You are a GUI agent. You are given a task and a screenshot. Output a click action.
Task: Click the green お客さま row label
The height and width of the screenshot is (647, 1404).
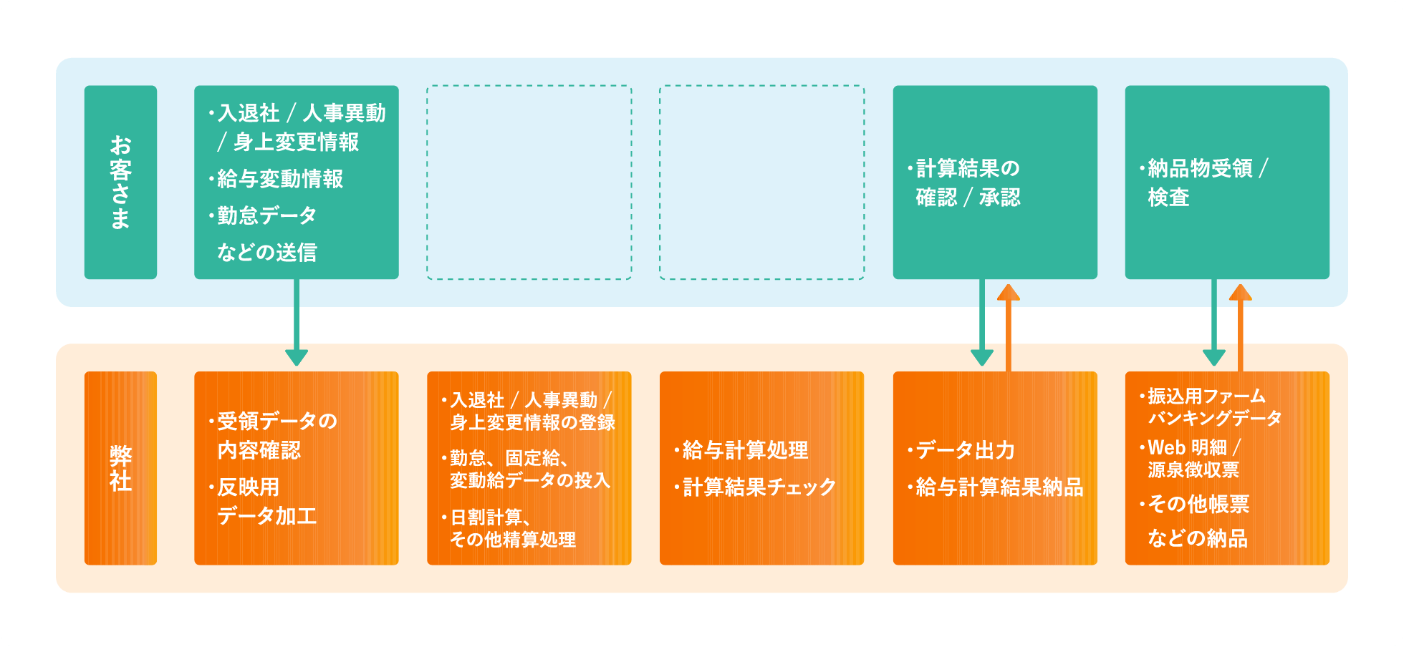[x=120, y=183]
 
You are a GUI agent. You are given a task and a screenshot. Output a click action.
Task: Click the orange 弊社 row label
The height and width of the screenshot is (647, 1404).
[x=120, y=468]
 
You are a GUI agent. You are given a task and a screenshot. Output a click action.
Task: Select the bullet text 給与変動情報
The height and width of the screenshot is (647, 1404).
[x=280, y=179]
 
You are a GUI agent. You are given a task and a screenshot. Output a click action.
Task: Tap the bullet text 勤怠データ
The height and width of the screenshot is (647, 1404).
[x=266, y=215]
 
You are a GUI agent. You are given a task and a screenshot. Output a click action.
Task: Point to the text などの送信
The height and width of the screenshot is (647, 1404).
[x=266, y=252]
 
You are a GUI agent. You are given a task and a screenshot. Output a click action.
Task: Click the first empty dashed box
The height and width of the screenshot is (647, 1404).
[x=529, y=183]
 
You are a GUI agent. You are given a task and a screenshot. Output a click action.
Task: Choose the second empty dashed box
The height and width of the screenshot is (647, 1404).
[x=761, y=183]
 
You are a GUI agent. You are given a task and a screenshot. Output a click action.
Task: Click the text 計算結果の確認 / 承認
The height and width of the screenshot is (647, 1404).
[x=968, y=183]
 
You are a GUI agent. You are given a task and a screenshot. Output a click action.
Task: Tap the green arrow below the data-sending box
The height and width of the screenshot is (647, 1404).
[x=297, y=322]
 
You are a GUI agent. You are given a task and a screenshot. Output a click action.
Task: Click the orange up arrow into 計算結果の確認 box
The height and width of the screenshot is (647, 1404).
[x=1009, y=326]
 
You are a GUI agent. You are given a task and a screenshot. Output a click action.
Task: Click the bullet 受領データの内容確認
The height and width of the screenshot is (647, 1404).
[x=277, y=435]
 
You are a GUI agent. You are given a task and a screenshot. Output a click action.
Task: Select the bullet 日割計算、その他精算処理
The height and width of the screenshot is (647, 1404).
[x=512, y=528]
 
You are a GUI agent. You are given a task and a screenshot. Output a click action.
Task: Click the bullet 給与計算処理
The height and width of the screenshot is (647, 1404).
[x=745, y=450]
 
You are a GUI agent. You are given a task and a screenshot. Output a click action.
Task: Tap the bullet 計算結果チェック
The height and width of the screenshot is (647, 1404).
[x=759, y=487]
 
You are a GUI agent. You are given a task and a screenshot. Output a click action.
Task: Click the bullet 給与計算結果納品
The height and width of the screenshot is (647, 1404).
[x=999, y=487]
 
